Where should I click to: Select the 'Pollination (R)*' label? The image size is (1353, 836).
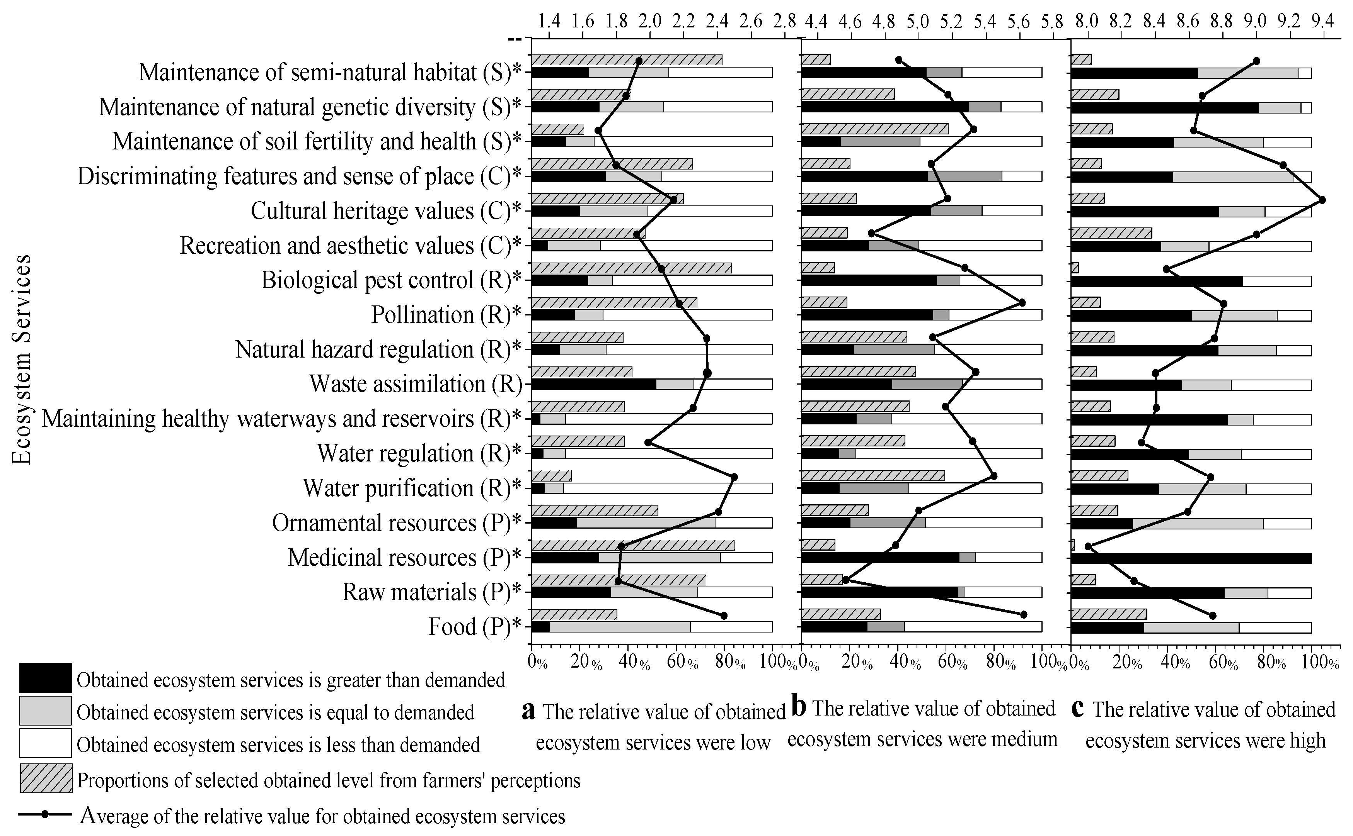tap(446, 315)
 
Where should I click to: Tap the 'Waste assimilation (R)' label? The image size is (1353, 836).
tap(416, 384)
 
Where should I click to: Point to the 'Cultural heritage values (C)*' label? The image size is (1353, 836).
tap(386, 211)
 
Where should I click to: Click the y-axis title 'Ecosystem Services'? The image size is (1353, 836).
tap(22, 359)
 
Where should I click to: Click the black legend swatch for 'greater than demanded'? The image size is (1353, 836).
tap(45, 678)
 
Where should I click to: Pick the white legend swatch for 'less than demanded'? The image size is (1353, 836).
tap(45, 743)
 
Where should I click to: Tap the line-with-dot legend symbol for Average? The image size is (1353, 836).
tap(45, 814)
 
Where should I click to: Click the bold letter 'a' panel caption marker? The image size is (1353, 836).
tap(528, 711)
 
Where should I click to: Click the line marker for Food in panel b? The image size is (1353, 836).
tap(1023, 615)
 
